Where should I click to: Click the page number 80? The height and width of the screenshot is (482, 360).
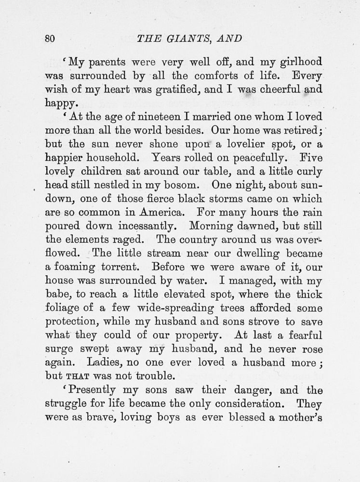pyautogui.click(x=51, y=39)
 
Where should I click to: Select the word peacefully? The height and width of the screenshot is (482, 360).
pyautogui.click(x=240, y=157)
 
